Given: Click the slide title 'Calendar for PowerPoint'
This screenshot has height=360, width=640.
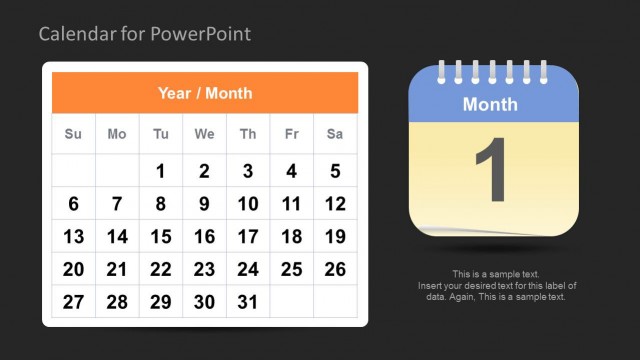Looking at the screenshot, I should [x=145, y=35].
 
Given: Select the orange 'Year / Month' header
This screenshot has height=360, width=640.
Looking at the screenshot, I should [x=205, y=93].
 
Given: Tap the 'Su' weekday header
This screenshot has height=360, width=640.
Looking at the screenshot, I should [x=73, y=134].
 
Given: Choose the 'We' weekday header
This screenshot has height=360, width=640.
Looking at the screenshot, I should [x=204, y=134].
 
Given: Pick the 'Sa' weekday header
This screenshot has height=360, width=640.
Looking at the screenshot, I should [x=335, y=134].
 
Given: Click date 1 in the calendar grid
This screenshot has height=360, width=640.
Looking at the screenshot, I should [x=160, y=171].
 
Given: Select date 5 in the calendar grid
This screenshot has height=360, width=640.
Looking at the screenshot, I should [x=335, y=171].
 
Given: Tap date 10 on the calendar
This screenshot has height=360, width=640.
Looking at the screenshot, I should [x=248, y=204].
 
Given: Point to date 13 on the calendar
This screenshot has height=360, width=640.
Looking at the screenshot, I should [x=73, y=237].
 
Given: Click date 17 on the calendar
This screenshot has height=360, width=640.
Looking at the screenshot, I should [x=248, y=237].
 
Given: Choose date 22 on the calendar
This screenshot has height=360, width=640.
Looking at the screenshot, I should [x=160, y=269].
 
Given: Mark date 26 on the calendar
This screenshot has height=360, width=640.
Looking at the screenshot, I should [x=335, y=269].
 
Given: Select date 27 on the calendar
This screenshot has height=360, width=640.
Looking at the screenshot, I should [x=73, y=302].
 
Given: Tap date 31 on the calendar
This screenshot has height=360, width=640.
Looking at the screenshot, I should [x=248, y=302].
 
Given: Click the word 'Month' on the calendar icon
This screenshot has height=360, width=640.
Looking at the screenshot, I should [x=490, y=104].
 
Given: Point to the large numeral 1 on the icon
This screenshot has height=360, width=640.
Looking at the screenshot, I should [x=491, y=171].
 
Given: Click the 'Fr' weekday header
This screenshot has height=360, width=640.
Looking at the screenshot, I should [x=291, y=134].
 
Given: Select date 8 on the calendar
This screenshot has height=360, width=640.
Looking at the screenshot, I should [x=160, y=204].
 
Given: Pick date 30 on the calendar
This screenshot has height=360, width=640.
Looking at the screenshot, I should [x=204, y=302].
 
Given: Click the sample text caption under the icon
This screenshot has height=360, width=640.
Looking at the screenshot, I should [x=496, y=285].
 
